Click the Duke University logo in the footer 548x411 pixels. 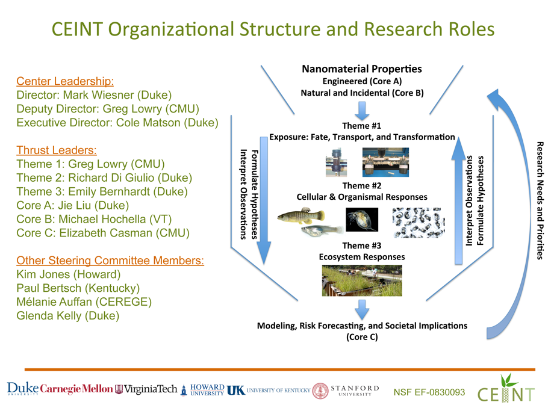(x=23, y=388)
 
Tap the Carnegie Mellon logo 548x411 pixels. (x=76, y=389)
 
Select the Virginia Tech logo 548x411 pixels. (x=146, y=389)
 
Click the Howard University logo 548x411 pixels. (x=203, y=390)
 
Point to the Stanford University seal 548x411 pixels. (x=320, y=391)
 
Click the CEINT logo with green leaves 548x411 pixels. (x=506, y=389)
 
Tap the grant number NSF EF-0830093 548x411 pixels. (x=429, y=392)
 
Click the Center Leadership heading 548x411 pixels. (x=65, y=81)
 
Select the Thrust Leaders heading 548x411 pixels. (x=57, y=150)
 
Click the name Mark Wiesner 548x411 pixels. (x=99, y=95)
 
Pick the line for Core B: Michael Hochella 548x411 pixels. (x=94, y=219)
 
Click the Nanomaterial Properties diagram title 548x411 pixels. (x=362, y=69)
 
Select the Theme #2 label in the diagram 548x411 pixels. (x=362, y=185)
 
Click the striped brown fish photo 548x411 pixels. (x=300, y=216)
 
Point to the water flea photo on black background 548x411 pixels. (x=362, y=220)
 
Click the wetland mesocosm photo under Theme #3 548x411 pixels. (x=362, y=280)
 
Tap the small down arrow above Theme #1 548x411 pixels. (x=362, y=111)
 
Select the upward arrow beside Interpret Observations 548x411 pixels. (x=458, y=201)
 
